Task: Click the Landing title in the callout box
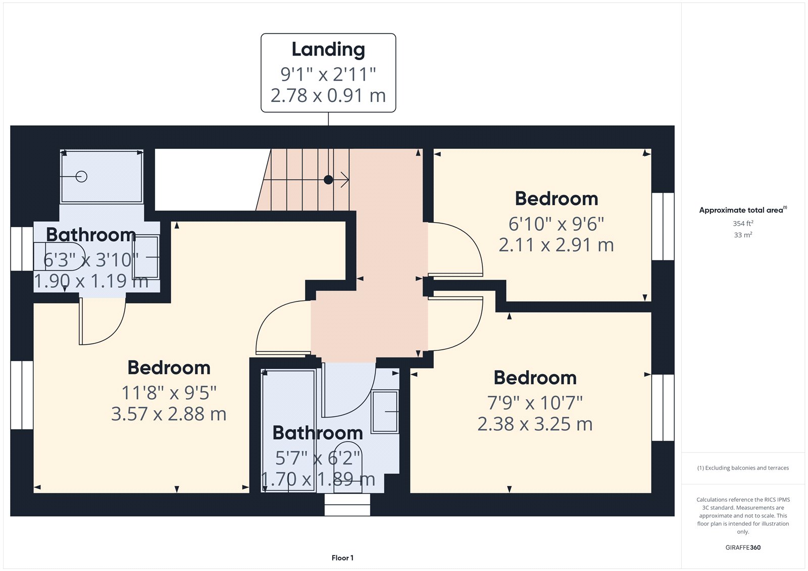click(328, 49)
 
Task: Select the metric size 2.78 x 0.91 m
click(328, 95)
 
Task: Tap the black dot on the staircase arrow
click(328, 179)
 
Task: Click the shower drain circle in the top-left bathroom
click(81, 176)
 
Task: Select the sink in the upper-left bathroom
click(146, 257)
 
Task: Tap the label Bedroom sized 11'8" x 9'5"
click(169, 368)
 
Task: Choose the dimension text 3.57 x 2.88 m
click(169, 414)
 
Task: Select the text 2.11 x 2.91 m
click(556, 245)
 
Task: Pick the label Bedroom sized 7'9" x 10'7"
click(535, 378)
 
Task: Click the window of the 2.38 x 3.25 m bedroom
click(663, 407)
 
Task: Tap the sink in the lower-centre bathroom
click(385, 411)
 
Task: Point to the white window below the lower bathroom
click(347, 504)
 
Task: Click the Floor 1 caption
click(342, 558)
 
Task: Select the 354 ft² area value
click(742, 223)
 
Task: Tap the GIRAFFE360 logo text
click(742, 547)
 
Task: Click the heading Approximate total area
click(741, 210)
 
